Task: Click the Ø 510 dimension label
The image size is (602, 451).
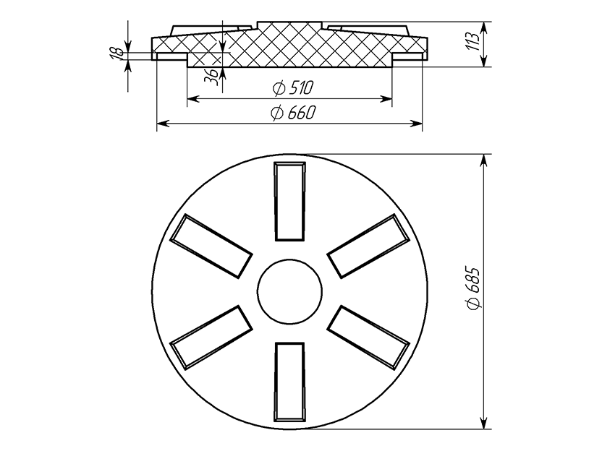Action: [293, 88]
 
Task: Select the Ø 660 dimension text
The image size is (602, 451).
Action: [293, 112]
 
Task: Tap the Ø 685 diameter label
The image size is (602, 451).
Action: [473, 287]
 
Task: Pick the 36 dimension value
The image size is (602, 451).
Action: [211, 77]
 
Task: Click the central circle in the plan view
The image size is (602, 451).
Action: [290, 293]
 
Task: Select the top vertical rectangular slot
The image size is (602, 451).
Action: [290, 202]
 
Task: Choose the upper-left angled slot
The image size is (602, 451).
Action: [211, 246]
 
